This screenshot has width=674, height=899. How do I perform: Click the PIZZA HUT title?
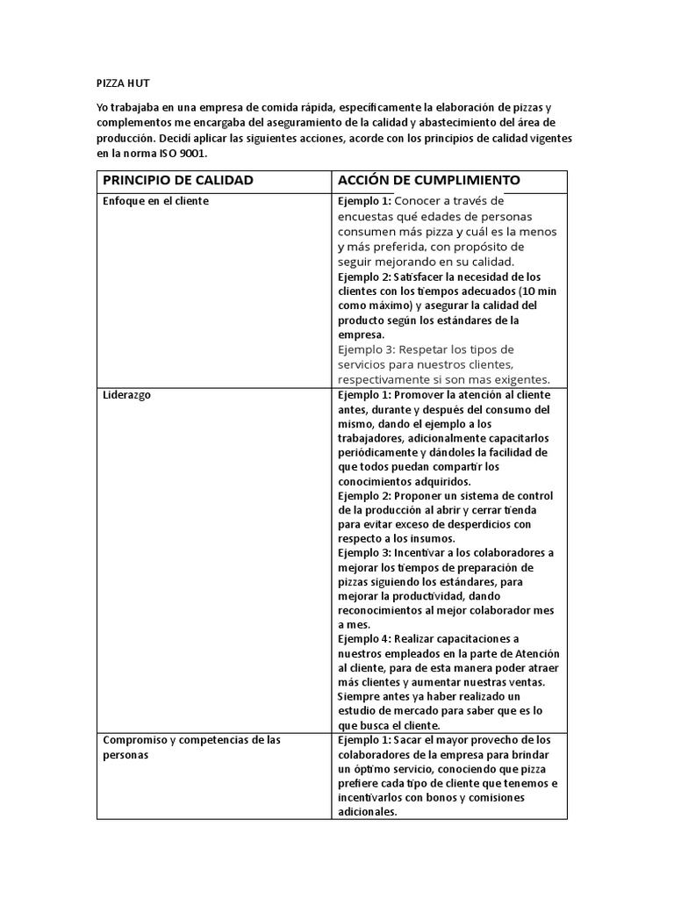coord(123,83)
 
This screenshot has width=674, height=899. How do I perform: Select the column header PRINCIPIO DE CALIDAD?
coord(178,180)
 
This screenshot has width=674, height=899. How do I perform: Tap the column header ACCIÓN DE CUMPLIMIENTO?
coord(429,180)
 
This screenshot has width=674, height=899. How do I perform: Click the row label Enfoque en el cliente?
coord(156,201)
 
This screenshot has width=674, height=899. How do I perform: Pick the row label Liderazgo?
coord(126,395)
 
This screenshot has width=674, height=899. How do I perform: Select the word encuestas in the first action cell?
coord(369,216)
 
